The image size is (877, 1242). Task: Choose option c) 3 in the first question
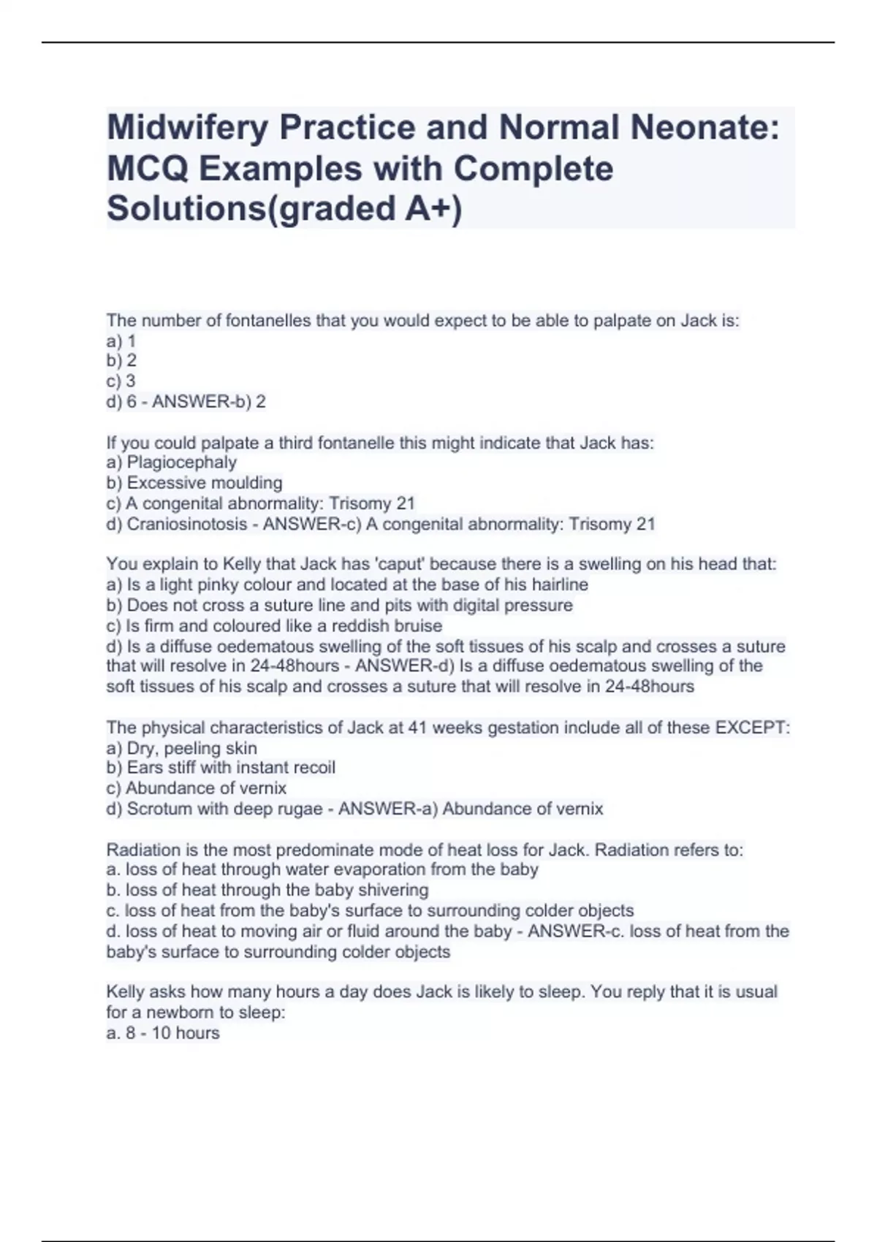tap(121, 381)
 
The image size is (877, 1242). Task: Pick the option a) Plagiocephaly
tap(172, 462)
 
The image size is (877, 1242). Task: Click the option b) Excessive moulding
tap(194, 483)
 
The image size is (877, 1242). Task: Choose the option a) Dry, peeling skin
tap(182, 748)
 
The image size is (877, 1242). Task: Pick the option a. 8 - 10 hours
tap(163, 1033)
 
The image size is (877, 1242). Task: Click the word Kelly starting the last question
tap(125, 992)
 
